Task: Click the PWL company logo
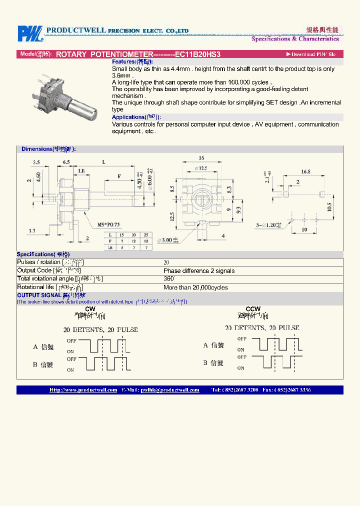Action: [30, 34]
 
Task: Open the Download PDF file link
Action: [310, 54]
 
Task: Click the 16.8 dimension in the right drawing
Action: [305, 171]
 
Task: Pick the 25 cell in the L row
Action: [145, 234]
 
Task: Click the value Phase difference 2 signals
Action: [199, 270]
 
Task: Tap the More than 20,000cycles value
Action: [195, 287]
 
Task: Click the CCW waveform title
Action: [253, 309]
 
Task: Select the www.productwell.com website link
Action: [83, 390]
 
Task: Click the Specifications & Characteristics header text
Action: [295, 38]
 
